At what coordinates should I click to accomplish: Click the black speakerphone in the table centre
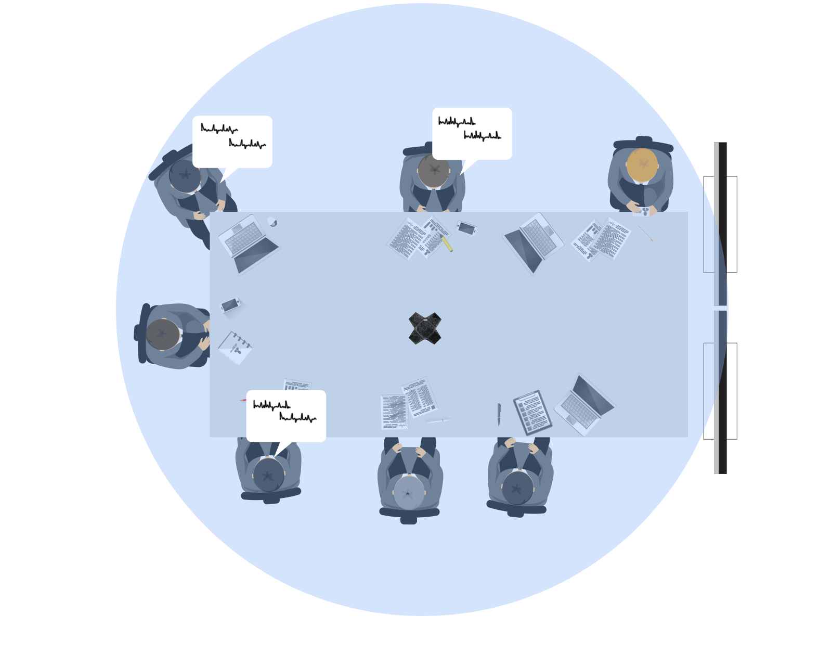point(425,328)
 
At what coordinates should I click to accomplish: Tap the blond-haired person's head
point(642,164)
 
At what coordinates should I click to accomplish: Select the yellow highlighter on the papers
point(447,243)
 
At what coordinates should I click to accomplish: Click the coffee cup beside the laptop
point(272,222)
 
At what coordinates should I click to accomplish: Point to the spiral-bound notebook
point(236,347)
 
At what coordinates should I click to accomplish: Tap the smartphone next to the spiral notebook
point(230,304)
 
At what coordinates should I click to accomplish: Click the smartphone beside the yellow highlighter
point(466,228)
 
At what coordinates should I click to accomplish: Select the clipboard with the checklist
point(532,412)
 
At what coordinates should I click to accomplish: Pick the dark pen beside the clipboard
point(499,414)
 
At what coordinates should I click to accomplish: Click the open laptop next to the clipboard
point(585,405)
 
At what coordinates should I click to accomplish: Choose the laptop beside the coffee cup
point(248,244)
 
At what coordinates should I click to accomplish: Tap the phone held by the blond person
point(644,211)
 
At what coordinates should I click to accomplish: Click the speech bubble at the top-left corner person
point(232,141)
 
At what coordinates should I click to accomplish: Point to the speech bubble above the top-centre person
point(472,133)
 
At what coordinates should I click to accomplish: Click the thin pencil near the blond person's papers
point(645,234)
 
